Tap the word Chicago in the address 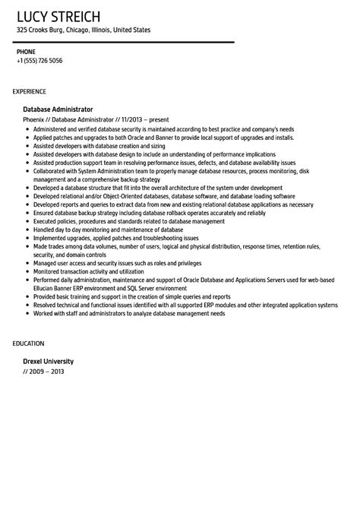80,30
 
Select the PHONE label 26,52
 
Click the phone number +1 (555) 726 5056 39,61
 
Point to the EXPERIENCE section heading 33,91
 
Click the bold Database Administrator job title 58,109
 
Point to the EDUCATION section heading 29,343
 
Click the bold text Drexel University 49,361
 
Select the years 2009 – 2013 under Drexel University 45,371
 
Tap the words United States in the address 132,30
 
